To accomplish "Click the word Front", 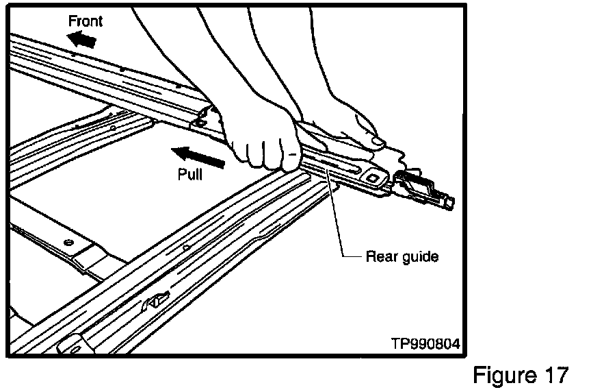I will click(x=86, y=21).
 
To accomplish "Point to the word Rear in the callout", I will click(x=379, y=257).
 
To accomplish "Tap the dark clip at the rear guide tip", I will click(x=419, y=185).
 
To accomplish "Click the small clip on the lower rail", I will click(x=157, y=299).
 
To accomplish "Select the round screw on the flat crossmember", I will click(x=68, y=243).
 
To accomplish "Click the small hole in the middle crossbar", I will click(x=111, y=127).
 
